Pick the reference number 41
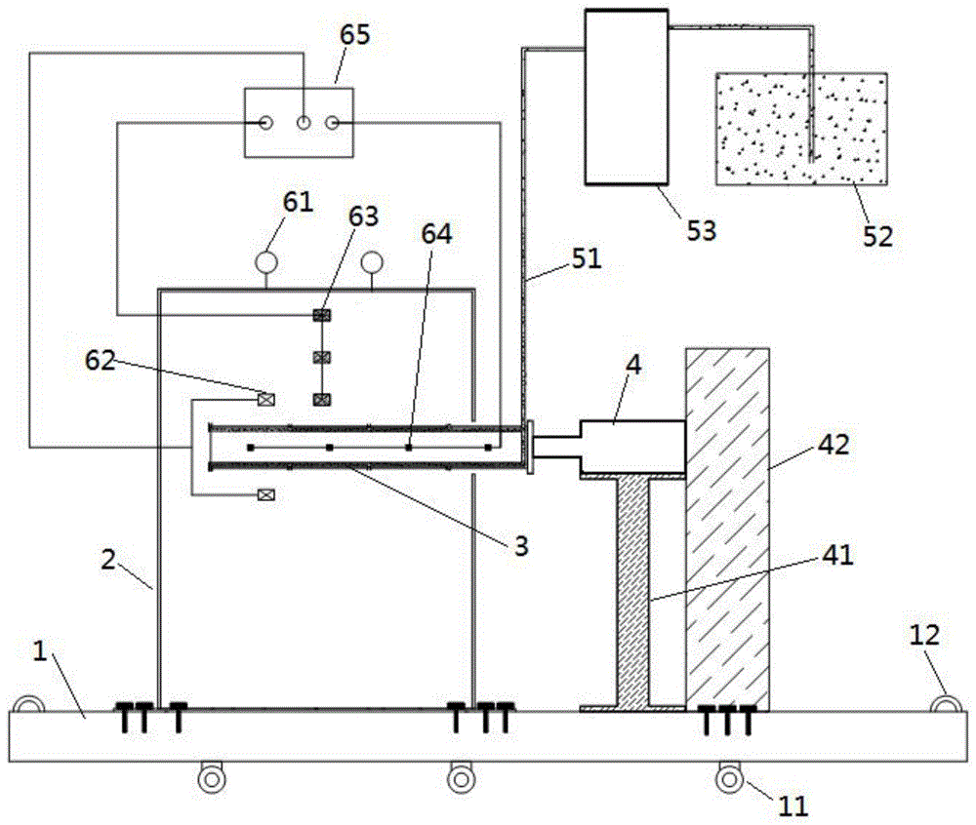(x=837, y=556)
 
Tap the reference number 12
(x=923, y=636)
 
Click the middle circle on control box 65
(x=304, y=123)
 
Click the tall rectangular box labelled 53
(x=626, y=96)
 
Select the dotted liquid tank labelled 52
(x=801, y=127)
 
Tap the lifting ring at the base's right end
(x=945, y=703)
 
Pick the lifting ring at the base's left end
(x=26, y=704)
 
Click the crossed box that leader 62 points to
(x=264, y=398)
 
